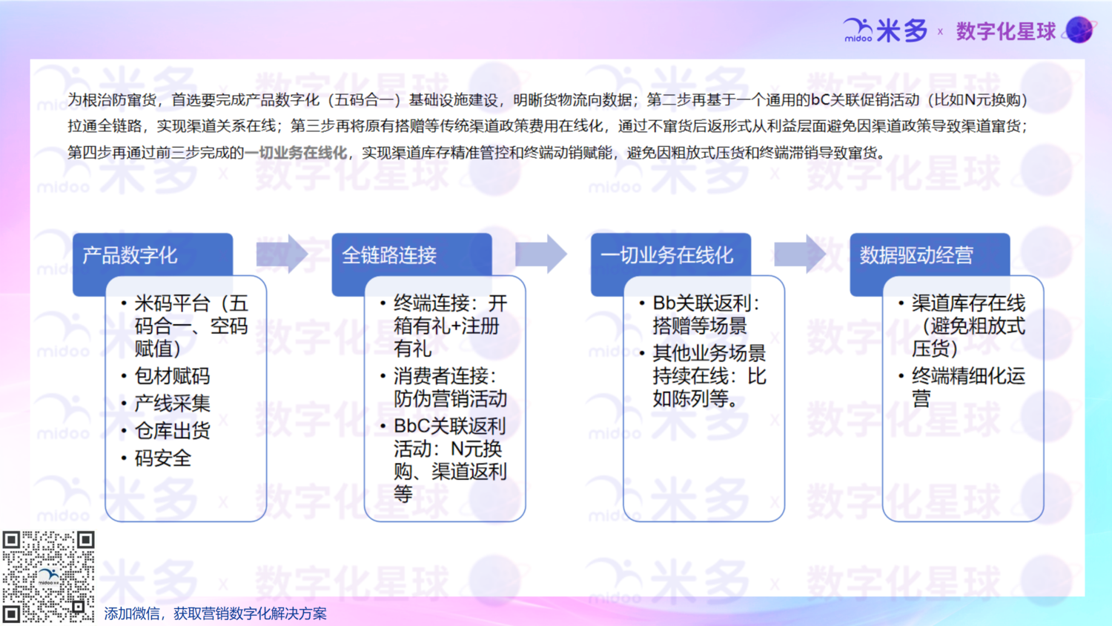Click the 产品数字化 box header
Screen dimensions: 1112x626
tap(153, 255)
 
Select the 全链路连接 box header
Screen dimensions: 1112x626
tap(412, 255)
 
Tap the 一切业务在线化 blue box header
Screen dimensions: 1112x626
tap(671, 255)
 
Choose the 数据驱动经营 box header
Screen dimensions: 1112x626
tap(930, 255)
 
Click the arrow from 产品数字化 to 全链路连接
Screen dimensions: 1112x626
tap(282, 254)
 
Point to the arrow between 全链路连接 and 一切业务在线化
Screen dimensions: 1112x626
tap(541, 254)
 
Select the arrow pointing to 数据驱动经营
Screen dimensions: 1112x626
tap(800, 254)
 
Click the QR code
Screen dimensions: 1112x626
tap(48, 577)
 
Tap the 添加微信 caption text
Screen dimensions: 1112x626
tap(216, 614)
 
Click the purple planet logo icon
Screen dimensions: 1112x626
tap(1080, 30)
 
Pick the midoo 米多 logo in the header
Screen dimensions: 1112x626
tap(885, 30)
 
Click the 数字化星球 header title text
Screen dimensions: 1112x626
tap(1006, 31)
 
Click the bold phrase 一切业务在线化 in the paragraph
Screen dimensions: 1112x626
tap(296, 153)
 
